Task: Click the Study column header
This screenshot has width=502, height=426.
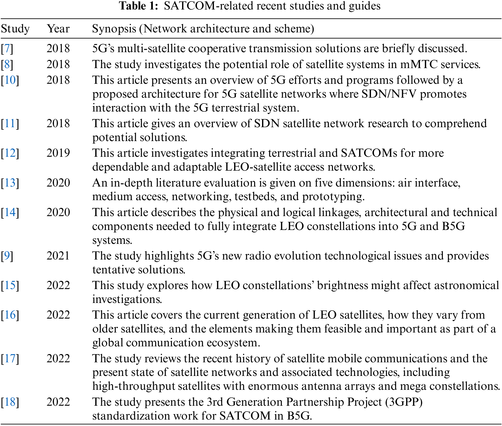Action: [15, 29]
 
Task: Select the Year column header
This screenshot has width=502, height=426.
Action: [58, 29]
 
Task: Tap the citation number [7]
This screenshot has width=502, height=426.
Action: [7, 49]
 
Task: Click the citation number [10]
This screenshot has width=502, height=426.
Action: [10, 80]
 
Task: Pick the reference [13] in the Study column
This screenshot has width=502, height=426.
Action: [10, 183]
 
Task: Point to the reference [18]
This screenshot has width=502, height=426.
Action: [10, 402]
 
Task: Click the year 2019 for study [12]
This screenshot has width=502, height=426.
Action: [58, 153]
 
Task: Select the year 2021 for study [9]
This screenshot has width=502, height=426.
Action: [58, 256]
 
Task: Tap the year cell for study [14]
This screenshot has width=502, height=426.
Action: [58, 212]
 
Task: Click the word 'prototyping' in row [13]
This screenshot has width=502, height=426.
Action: [333, 197]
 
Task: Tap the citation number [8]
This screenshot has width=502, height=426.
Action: [7, 64]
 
